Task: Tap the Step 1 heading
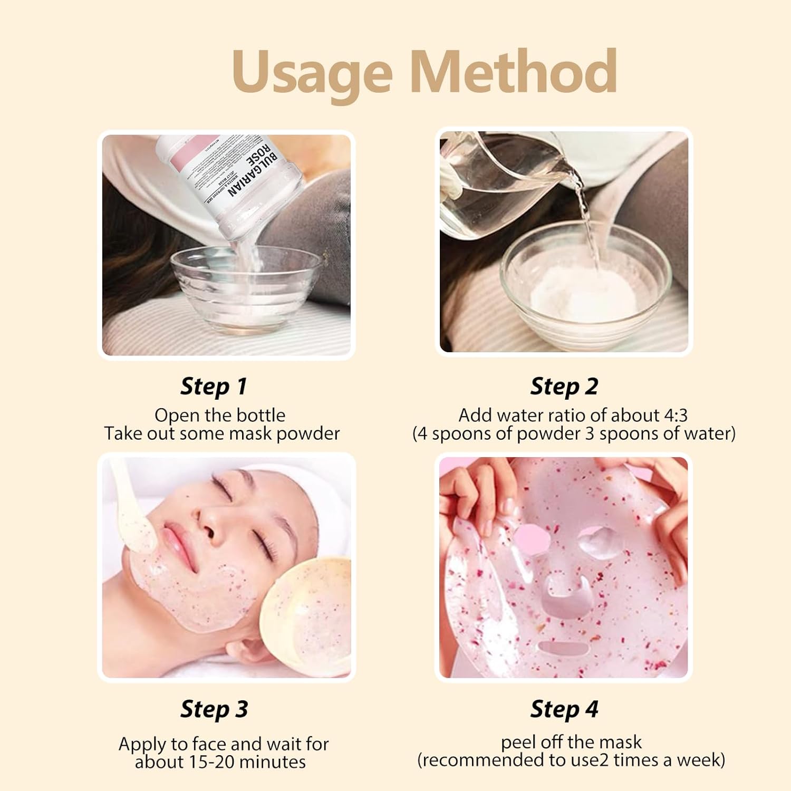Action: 214,386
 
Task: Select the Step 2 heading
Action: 564,386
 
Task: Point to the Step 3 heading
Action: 214,709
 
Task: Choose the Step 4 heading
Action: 564,709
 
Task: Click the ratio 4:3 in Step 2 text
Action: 675,416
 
